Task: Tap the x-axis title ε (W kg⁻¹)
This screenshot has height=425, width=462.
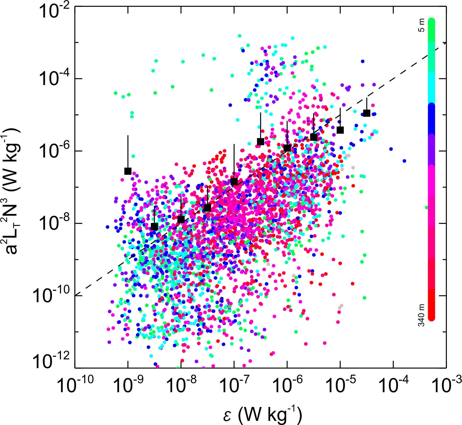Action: pos(263,415)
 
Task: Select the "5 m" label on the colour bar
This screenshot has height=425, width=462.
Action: pos(422,25)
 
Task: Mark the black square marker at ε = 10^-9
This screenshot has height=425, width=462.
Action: pos(128,171)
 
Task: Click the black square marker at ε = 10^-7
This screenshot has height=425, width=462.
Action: pos(234,182)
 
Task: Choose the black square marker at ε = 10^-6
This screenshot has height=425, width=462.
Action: pos(287,148)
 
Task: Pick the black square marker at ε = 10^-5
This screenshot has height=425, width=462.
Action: pos(340,130)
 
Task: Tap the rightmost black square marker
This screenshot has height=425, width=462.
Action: pos(367,113)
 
